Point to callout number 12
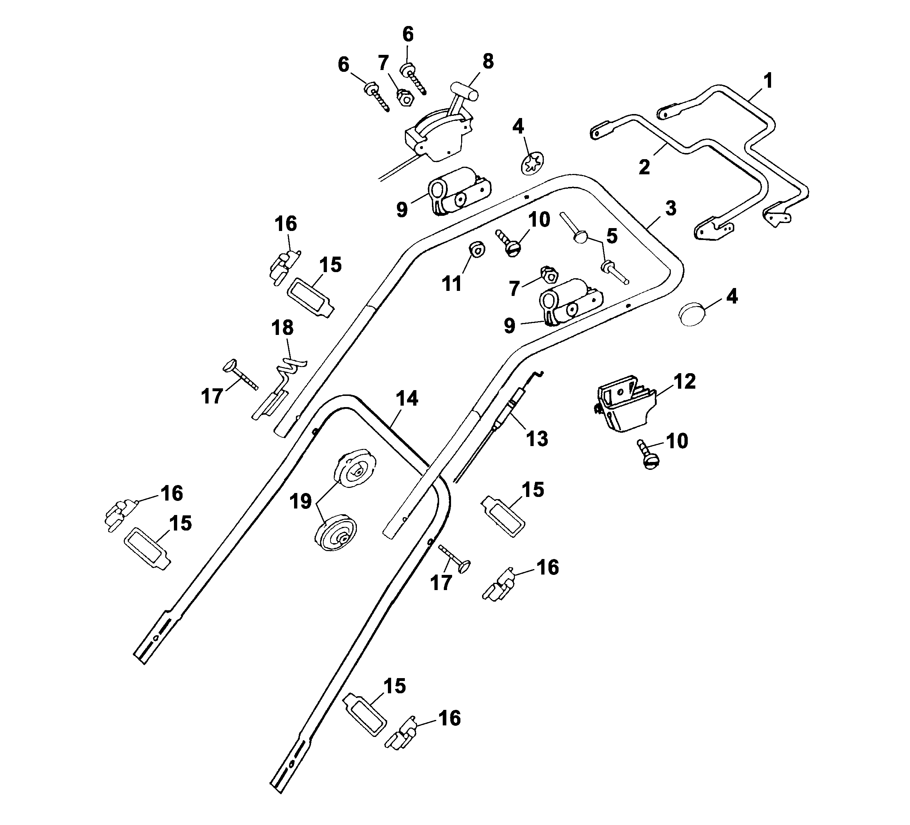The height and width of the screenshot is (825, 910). (x=685, y=381)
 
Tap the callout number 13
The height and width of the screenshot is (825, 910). (x=537, y=438)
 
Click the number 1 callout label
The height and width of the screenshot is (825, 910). (x=767, y=81)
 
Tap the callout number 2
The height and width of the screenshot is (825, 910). (x=644, y=167)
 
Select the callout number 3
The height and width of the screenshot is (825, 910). (x=671, y=208)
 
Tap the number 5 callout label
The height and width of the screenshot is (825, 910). (x=612, y=236)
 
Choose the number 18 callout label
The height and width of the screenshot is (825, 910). (x=283, y=328)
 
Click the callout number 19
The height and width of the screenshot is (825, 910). (x=301, y=501)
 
